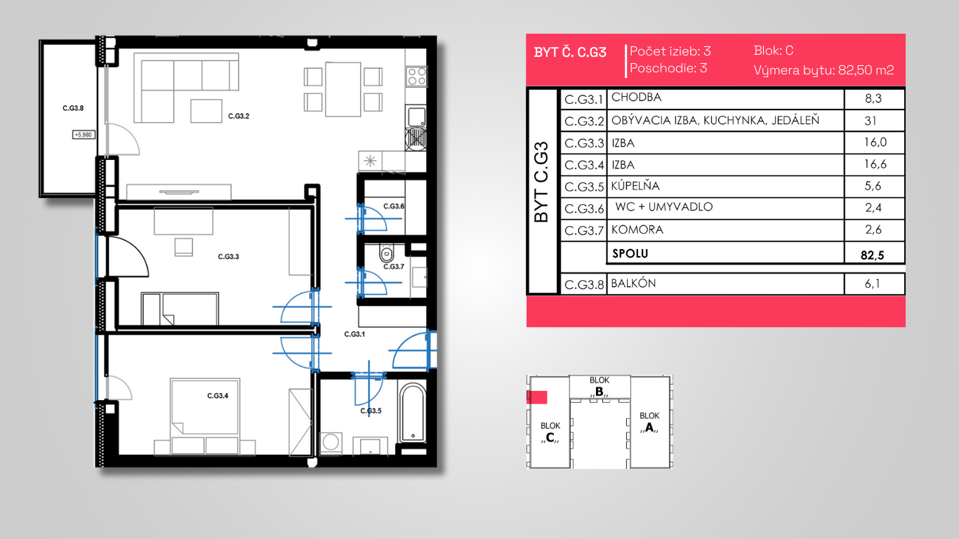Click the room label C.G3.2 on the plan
(x=239, y=116)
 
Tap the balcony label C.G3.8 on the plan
(x=73, y=108)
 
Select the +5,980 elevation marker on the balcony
(x=84, y=135)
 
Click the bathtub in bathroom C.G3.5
(x=413, y=413)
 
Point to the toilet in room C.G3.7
(x=387, y=253)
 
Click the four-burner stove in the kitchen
(x=416, y=76)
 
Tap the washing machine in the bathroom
(x=331, y=442)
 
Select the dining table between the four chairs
(x=343, y=89)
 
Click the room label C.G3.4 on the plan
(x=218, y=396)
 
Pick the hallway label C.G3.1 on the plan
(x=355, y=334)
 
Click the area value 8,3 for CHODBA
(x=873, y=98)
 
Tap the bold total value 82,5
(x=872, y=255)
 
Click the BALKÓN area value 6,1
(x=873, y=284)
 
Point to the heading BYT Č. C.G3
(x=570, y=52)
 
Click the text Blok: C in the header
(x=774, y=51)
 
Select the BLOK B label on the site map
(x=600, y=386)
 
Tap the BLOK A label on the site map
(x=649, y=422)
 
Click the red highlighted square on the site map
(x=537, y=397)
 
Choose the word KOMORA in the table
(x=637, y=230)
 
